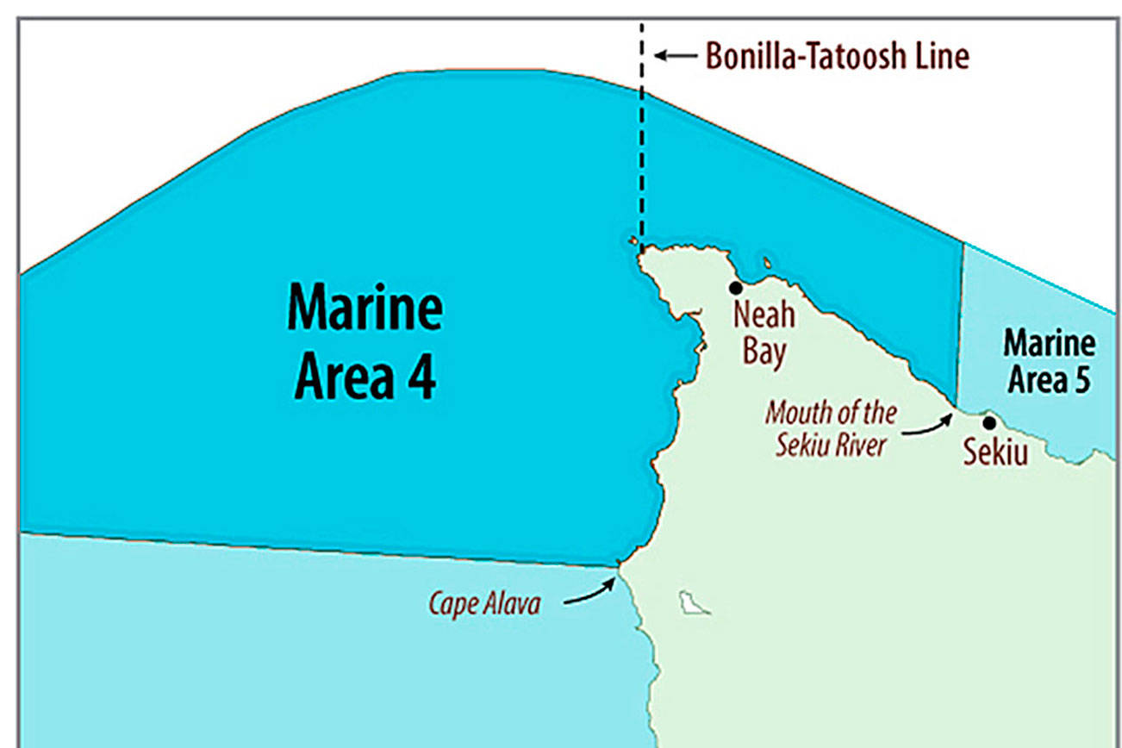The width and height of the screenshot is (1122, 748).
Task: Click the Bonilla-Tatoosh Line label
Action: coord(837,56)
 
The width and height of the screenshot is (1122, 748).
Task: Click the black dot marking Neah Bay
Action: coord(736,288)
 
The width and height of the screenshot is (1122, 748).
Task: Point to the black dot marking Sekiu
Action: coord(989,422)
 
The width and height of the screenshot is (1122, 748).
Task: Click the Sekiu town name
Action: coord(995,452)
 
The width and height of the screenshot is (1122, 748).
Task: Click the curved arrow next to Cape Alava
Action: coord(590,593)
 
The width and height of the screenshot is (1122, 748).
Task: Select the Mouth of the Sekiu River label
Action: coord(830,428)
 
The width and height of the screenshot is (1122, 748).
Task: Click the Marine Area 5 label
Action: coord(1049,361)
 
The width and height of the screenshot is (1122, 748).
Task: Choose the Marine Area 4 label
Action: coord(365,344)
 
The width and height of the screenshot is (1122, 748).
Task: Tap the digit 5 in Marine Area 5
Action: coord(1081,379)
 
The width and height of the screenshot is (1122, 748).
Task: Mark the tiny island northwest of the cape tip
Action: coord(633,241)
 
